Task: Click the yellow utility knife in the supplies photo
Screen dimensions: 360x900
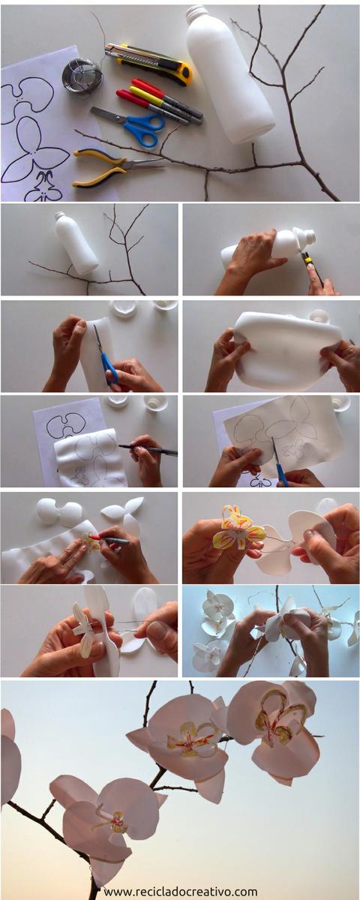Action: [148, 64]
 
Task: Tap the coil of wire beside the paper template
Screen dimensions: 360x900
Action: [82, 76]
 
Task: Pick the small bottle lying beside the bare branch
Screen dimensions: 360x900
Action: [76, 243]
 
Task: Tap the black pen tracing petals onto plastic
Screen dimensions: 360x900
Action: [148, 451]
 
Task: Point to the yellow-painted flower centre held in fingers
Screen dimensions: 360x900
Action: [238, 529]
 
